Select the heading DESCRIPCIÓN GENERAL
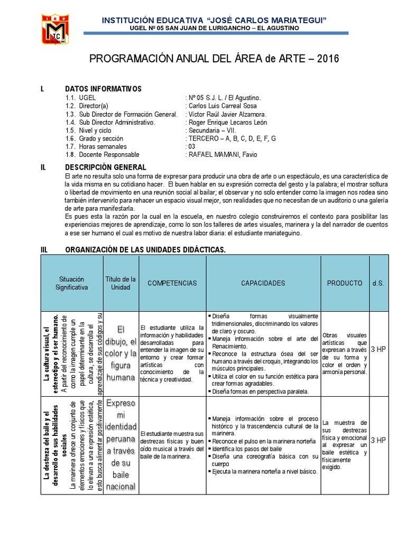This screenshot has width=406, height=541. point(105,167)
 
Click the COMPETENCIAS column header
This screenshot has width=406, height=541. point(172,283)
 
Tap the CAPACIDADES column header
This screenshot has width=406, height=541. point(263,283)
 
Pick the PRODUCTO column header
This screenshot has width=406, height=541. point(344,283)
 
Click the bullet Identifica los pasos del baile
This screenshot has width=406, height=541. point(248,448)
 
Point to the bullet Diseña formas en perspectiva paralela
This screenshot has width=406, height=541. point(257,391)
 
